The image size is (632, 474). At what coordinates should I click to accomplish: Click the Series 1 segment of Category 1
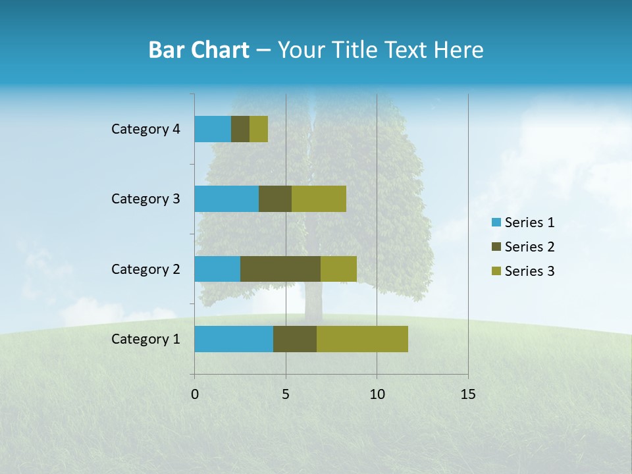pyautogui.click(x=234, y=339)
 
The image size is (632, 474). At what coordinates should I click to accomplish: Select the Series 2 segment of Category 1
pyautogui.click(x=295, y=339)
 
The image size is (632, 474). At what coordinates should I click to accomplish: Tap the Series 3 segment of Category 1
pyautogui.click(x=362, y=339)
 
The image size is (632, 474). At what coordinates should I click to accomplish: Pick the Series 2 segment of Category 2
pyautogui.click(x=280, y=269)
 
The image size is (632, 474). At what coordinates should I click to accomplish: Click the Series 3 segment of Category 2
pyautogui.click(x=338, y=269)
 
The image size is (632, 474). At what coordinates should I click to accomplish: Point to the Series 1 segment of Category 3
pyautogui.click(x=226, y=199)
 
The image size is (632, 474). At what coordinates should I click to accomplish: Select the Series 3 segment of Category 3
pyautogui.click(x=319, y=199)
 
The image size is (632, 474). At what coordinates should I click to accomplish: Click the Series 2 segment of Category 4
pyautogui.click(x=240, y=129)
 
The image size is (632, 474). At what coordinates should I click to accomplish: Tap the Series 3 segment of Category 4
pyautogui.click(x=259, y=129)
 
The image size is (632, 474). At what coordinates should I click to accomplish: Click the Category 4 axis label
pyautogui.click(x=145, y=129)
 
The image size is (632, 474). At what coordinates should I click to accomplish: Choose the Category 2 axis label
pyautogui.click(x=145, y=269)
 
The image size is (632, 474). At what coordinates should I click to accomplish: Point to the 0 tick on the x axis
pyautogui.click(x=195, y=394)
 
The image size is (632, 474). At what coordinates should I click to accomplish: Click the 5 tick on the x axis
pyautogui.click(x=286, y=394)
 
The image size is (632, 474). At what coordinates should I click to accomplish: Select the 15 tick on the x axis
pyautogui.click(x=467, y=394)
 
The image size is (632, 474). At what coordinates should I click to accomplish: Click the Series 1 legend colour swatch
pyautogui.click(x=496, y=223)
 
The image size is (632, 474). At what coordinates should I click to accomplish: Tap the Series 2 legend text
pyautogui.click(x=529, y=247)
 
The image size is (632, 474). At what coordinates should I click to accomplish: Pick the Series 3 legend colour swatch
pyautogui.click(x=496, y=271)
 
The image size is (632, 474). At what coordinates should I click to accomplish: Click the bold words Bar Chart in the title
pyautogui.click(x=199, y=50)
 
